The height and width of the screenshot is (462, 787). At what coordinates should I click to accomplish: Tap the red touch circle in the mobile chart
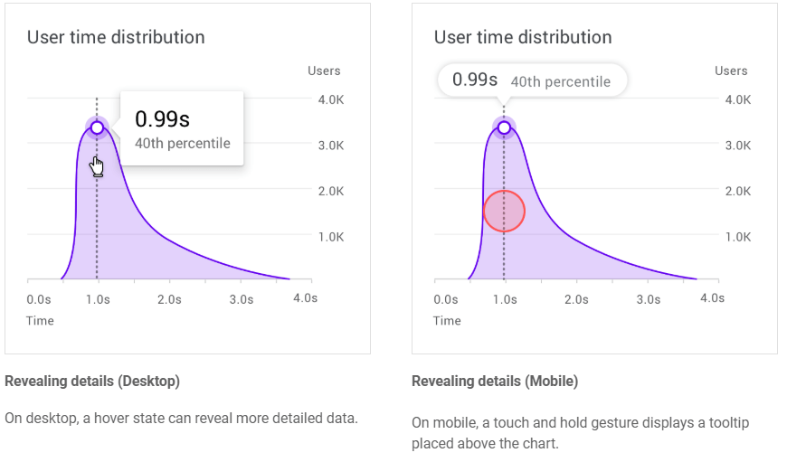pyautogui.click(x=504, y=211)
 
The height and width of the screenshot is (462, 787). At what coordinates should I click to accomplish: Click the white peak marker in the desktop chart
pyautogui.click(x=97, y=127)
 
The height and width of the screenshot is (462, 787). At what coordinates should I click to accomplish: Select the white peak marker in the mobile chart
pyautogui.click(x=504, y=127)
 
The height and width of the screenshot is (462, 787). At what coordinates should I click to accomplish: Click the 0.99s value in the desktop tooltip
pyautogui.click(x=162, y=119)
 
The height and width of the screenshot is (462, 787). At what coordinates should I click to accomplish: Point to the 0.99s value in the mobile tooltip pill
pyautogui.click(x=475, y=80)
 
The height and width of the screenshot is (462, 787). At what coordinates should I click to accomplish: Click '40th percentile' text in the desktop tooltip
pyautogui.click(x=182, y=143)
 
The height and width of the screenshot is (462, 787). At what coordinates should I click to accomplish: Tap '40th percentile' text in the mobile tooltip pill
pyautogui.click(x=560, y=81)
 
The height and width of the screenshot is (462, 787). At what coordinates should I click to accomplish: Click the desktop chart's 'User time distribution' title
pyautogui.click(x=116, y=37)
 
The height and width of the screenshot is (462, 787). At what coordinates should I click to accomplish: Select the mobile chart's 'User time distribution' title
pyautogui.click(x=523, y=37)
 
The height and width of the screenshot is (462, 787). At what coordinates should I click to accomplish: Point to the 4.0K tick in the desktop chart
pyautogui.click(x=331, y=99)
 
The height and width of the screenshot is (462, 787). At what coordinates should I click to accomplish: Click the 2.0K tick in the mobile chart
pyautogui.click(x=738, y=191)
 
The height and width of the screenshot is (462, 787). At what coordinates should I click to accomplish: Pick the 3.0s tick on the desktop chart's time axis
pyautogui.click(x=241, y=299)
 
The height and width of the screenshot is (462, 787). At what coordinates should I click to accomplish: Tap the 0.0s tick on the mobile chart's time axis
pyautogui.click(x=446, y=299)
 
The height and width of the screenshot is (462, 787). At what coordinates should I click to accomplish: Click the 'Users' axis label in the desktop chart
pyautogui.click(x=324, y=71)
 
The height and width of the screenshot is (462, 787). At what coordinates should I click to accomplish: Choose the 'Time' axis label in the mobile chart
pyautogui.click(x=447, y=321)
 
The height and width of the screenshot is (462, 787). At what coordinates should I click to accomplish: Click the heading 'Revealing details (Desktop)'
pyautogui.click(x=92, y=382)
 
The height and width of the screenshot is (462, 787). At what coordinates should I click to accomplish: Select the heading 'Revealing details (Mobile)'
pyautogui.click(x=495, y=382)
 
